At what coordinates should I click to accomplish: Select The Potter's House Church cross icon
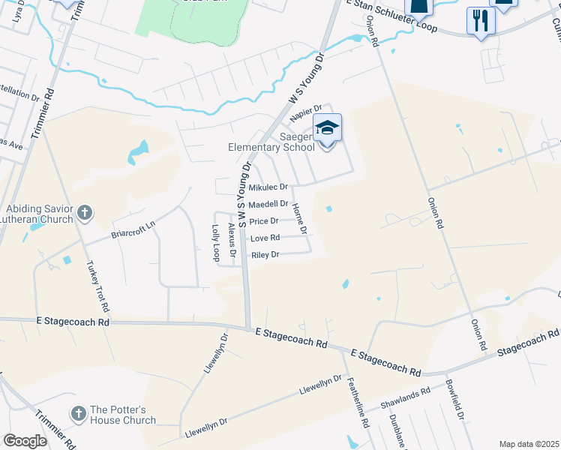click(x=78, y=413)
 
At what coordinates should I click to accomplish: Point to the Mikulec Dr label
click(x=268, y=187)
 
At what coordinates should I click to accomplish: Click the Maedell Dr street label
click(x=268, y=204)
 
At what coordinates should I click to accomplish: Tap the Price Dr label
click(x=264, y=221)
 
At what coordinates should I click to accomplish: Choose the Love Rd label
click(x=265, y=238)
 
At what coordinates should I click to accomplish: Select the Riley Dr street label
click(x=265, y=255)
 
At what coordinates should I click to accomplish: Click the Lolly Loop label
click(x=216, y=241)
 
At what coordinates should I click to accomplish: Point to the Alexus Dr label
click(x=232, y=234)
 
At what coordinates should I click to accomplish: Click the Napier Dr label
click(x=306, y=113)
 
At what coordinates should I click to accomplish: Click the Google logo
click(x=25, y=441)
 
